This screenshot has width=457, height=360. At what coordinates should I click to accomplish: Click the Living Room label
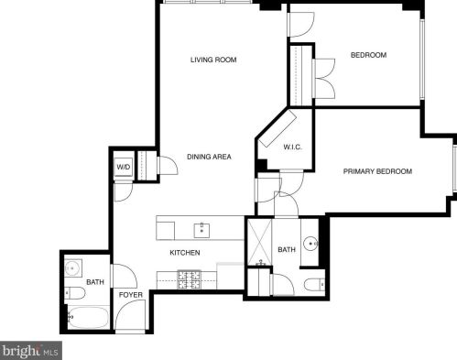point(213,60)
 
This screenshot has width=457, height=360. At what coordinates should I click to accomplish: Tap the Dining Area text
point(209,157)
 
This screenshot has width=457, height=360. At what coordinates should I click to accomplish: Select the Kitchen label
point(185,253)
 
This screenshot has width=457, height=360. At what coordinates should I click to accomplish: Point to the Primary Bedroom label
point(377,171)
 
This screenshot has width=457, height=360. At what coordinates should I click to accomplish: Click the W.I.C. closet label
point(293,147)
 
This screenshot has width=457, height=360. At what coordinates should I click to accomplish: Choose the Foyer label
point(131,295)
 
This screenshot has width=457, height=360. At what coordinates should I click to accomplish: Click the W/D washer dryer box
point(124,167)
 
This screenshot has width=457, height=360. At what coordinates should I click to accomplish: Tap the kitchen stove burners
point(190,279)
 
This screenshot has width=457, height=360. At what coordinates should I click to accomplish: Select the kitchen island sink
point(201,230)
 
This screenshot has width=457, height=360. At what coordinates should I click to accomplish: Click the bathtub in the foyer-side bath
point(88,318)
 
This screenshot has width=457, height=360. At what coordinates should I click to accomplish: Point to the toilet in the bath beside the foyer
point(74,293)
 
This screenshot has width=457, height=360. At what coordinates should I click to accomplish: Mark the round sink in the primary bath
point(310,244)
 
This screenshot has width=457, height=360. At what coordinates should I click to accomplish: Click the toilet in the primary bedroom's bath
point(315,285)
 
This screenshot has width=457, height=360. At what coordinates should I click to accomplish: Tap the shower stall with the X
point(259,242)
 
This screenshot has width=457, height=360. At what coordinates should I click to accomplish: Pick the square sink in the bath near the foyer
point(72,268)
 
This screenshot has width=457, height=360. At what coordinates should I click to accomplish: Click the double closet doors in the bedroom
point(325,79)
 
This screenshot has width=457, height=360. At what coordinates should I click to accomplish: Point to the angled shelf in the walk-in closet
point(277,129)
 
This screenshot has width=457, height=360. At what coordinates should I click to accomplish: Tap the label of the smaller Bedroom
point(368,55)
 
